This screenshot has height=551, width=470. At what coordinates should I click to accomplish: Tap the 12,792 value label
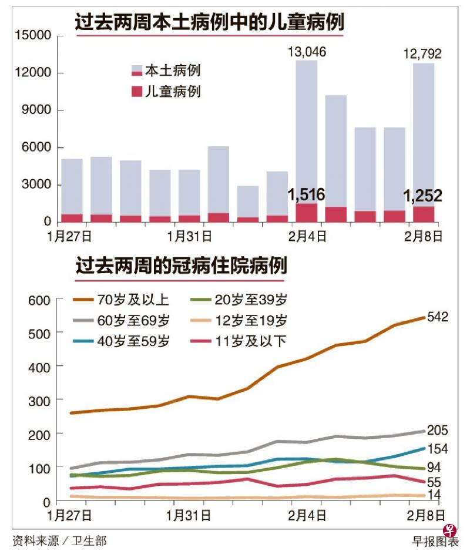(x=422, y=55)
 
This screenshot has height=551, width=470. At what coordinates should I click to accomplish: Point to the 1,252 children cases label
(x=422, y=196)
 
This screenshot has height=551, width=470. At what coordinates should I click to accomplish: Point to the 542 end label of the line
(x=438, y=317)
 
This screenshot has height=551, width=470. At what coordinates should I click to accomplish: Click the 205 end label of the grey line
(x=438, y=429)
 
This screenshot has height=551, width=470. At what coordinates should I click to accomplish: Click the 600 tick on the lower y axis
(x=39, y=300)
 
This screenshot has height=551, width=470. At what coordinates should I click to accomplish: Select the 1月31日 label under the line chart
(x=189, y=516)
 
